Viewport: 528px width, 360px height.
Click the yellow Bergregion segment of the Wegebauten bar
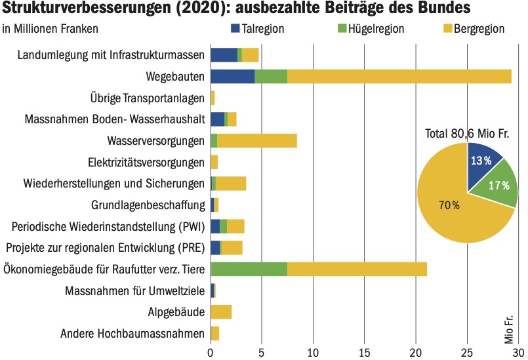pyautogui.click(x=399, y=76)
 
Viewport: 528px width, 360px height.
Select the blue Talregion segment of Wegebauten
pyautogui.click(x=232, y=76)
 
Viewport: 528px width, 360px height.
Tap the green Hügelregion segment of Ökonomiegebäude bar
pyautogui.click(x=249, y=269)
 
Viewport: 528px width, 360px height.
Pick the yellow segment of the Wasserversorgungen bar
pyautogui.click(x=256, y=140)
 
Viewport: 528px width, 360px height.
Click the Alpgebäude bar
pyautogui.click(x=221, y=311)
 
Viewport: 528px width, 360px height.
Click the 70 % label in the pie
pyautogui.click(x=449, y=205)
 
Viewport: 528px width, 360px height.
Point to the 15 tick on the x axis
pyautogui.click(x=365, y=352)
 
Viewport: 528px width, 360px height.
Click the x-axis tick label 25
pyautogui.click(x=467, y=352)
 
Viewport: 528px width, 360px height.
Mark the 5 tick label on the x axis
pyautogui.click(x=262, y=352)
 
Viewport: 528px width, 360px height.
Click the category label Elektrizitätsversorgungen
pyautogui.click(x=146, y=162)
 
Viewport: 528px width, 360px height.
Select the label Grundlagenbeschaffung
pyautogui.click(x=148, y=205)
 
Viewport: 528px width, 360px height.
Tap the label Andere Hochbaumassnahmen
pyautogui.click(x=132, y=334)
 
